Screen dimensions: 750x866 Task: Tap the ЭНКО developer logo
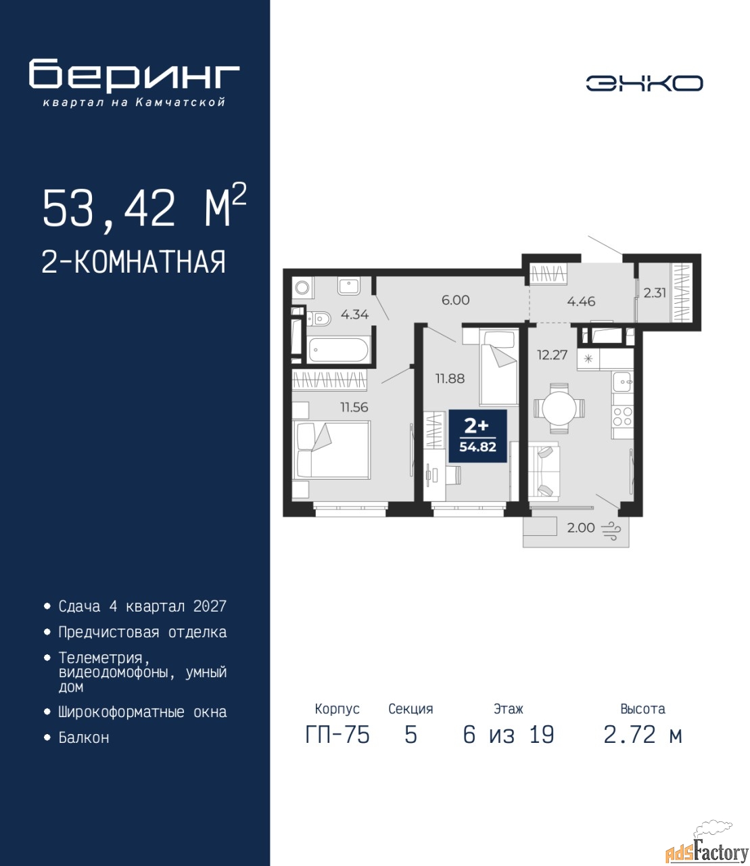coord(644,83)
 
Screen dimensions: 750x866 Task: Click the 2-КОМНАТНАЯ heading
coord(134,262)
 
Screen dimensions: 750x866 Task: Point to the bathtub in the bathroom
coord(338,350)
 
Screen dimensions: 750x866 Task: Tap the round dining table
coord(559,407)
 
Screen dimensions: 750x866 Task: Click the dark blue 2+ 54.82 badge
coord(478,436)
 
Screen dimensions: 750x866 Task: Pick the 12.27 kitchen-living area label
coord(553,355)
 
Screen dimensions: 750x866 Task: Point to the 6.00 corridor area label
coord(456,300)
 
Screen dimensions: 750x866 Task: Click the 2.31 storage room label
coord(655,293)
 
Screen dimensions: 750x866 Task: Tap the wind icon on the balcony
coord(611,531)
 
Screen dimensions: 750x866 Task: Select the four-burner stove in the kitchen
coord(623,416)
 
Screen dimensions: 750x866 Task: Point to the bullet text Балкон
coord(84,737)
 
